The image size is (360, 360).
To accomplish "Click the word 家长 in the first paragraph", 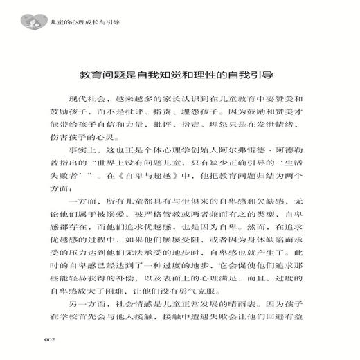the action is tap(174, 98).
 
